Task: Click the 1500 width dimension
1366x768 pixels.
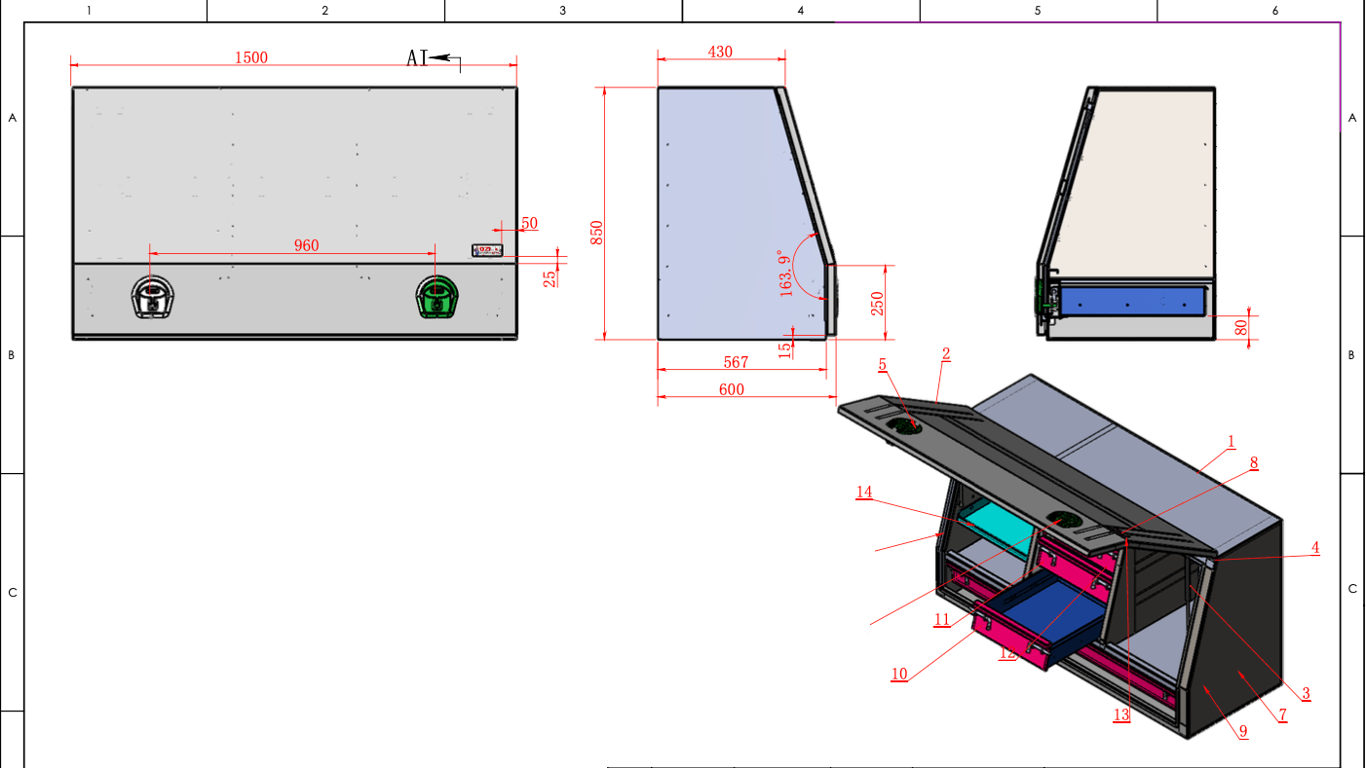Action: tap(251, 57)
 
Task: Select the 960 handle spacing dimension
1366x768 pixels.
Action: tap(306, 245)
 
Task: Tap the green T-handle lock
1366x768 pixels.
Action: tap(436, 297)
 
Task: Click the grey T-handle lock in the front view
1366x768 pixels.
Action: tap(152, 297)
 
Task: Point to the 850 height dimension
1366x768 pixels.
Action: tap(596, 233)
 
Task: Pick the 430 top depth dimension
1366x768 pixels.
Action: tap(720, 52)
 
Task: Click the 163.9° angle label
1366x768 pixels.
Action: tap(785, 274)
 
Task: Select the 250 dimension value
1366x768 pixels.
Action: tap(877, 304)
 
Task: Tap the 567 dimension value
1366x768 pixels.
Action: tap(736, 362)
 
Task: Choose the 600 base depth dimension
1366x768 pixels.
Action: tap(732, 389)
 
